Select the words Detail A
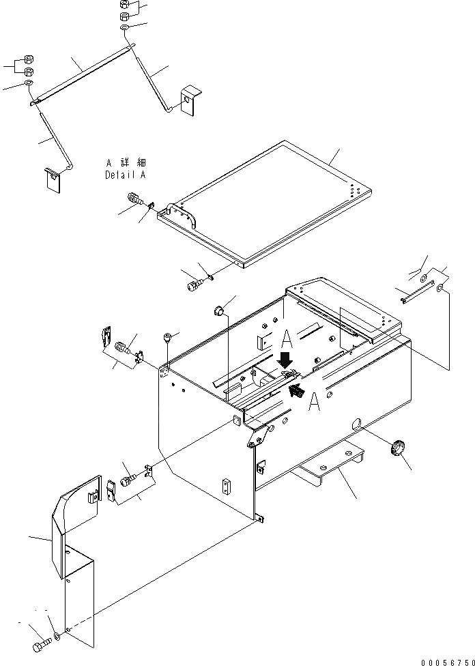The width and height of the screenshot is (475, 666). [x=125, y=175]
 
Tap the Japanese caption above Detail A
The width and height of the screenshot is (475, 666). [x=126, y=164]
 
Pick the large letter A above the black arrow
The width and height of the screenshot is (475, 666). [x=287, y=336]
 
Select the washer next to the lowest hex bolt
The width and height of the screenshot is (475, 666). [x=56, y=637]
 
